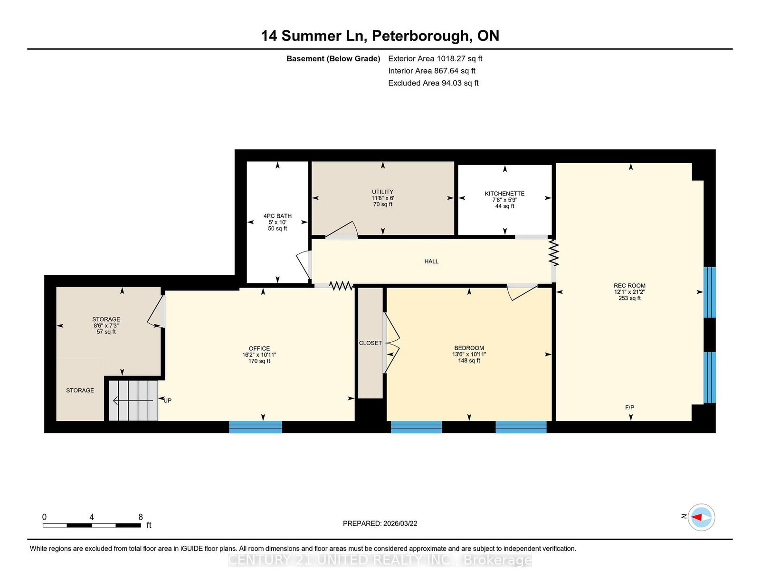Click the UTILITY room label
(383, 192)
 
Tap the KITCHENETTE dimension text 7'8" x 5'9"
(504, 200)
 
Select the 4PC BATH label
(277, 216)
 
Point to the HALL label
(431, 261)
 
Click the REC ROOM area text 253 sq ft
(629, 298)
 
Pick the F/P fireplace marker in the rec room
(629, 407)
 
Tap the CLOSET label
(370, 343)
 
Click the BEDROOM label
(469, 348)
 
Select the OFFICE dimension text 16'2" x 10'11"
(259, 354)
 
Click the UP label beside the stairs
(168, 401)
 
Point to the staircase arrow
(133, 401)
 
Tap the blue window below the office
(256, 427)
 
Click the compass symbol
(701, 517)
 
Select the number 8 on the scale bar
(141, 517)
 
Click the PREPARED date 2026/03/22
(400, 523)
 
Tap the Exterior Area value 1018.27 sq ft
(459, 59)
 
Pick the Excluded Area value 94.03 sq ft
(460, 83)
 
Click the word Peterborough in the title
(421, 37)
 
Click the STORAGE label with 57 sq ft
(106, 319)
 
